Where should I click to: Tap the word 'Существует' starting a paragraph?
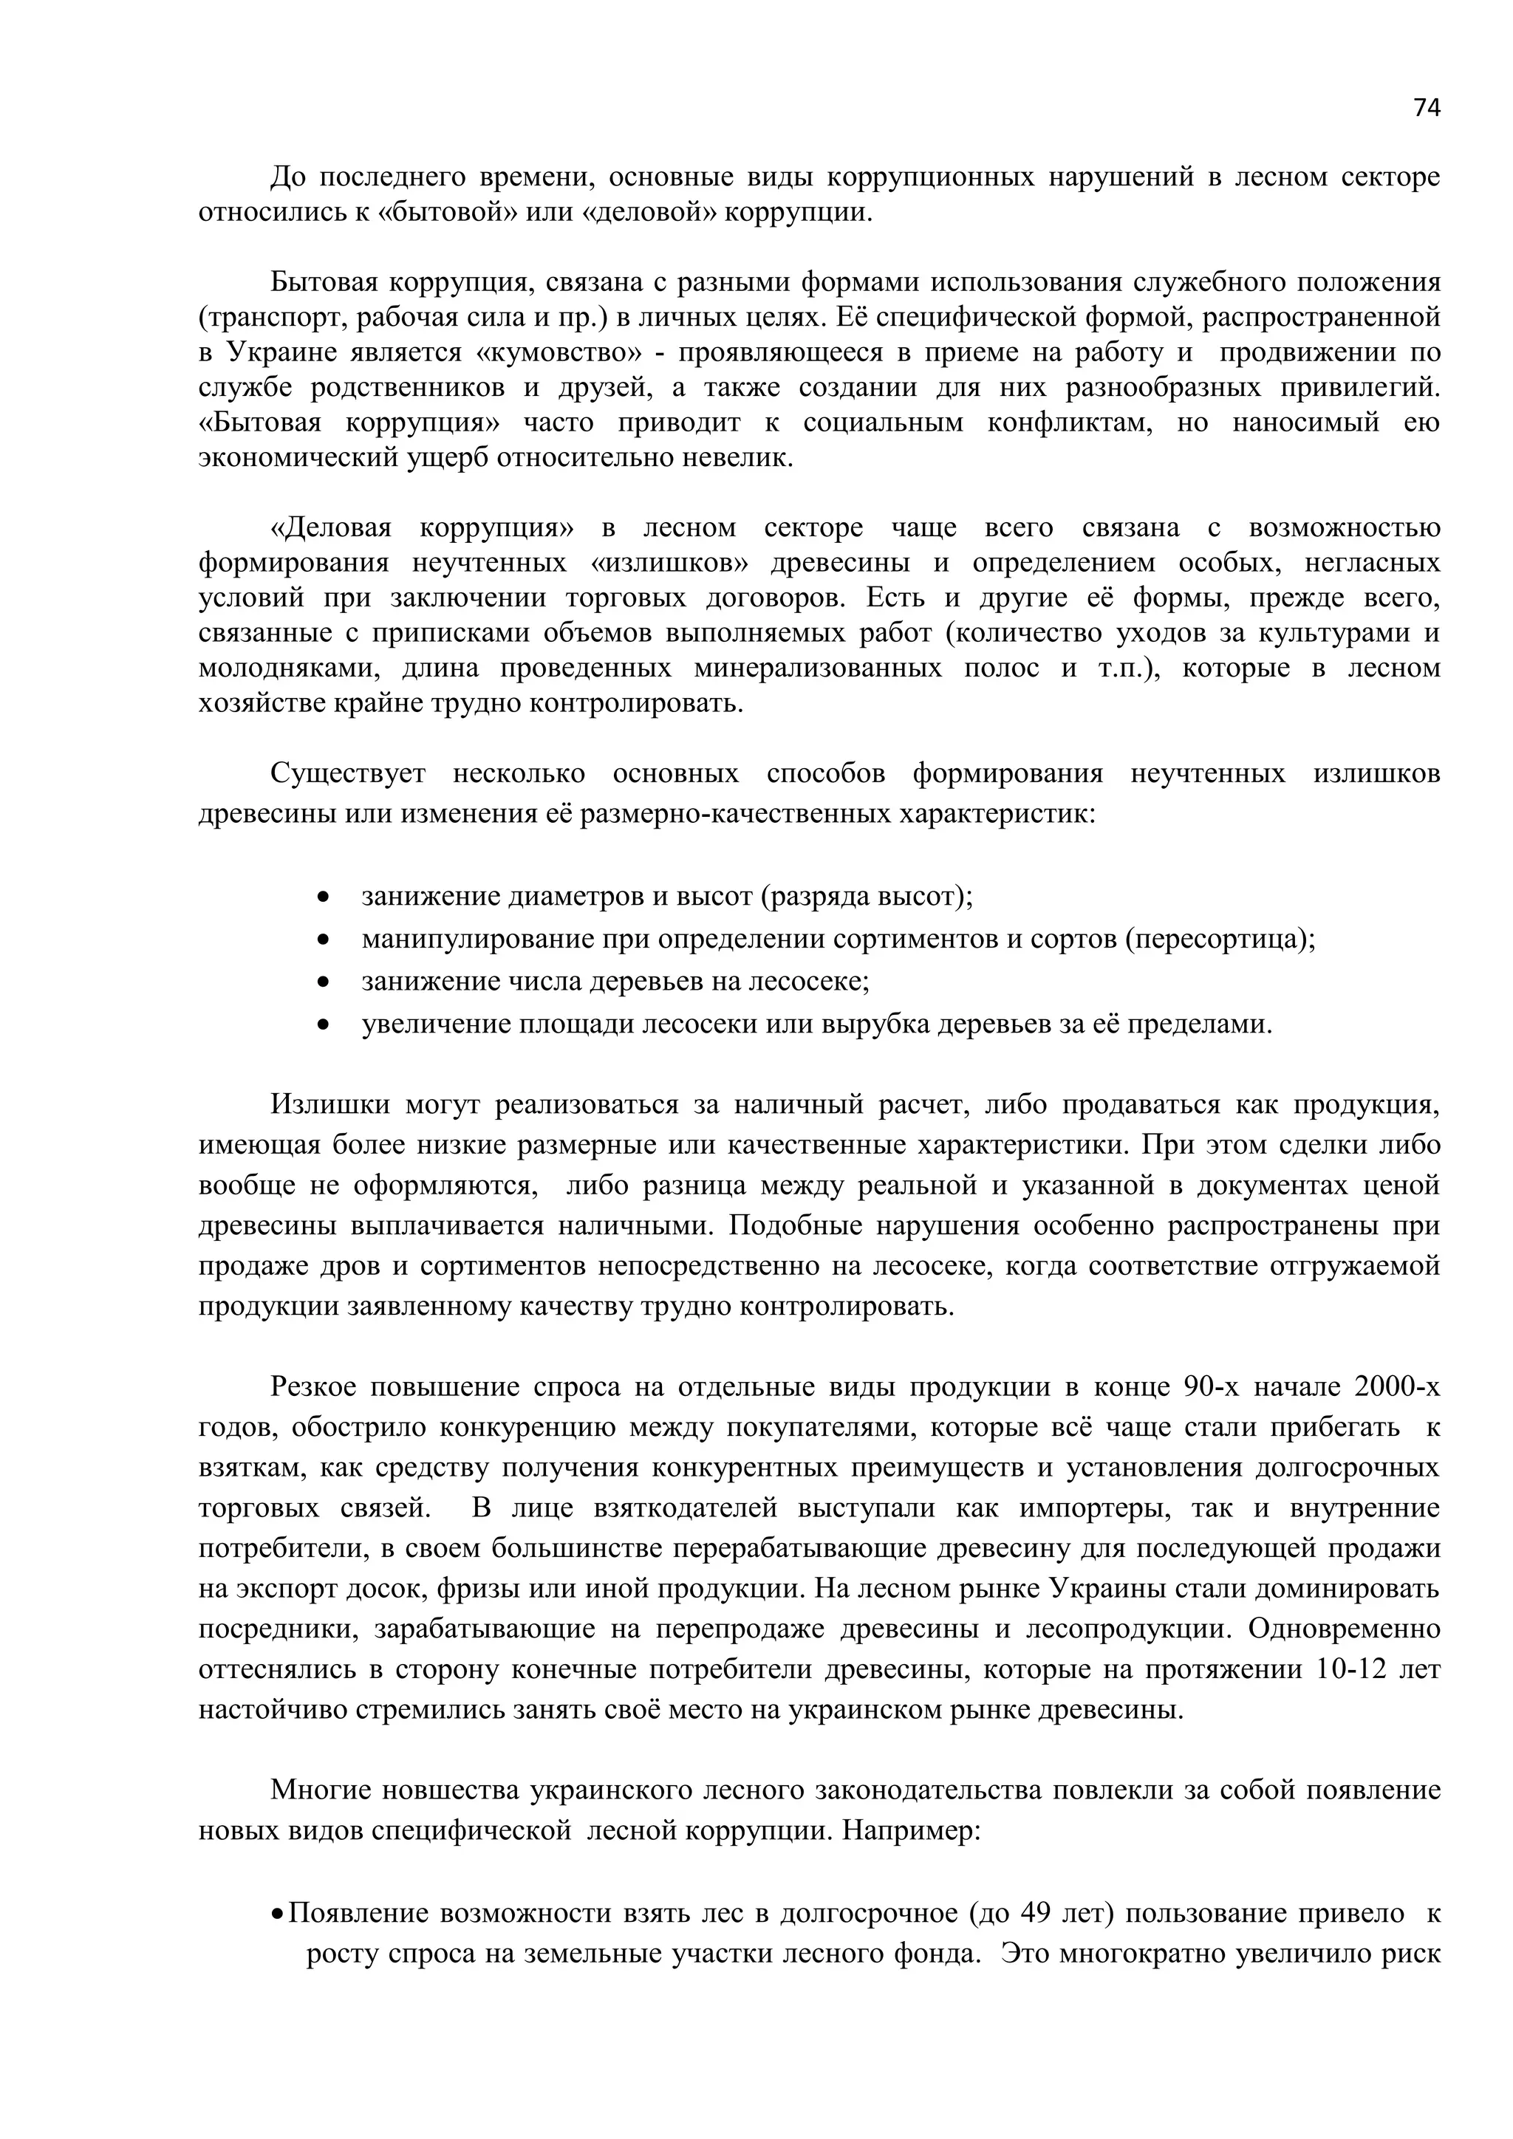347,774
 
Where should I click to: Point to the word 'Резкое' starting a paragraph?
313,1387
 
